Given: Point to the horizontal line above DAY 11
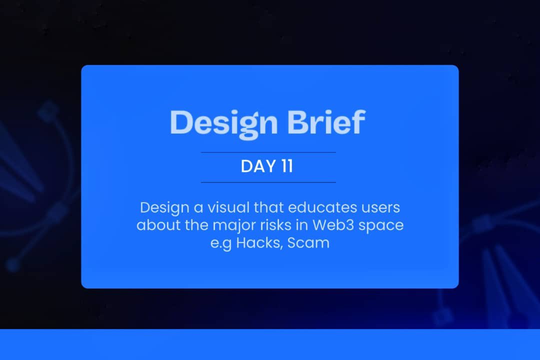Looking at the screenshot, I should click(268, 152).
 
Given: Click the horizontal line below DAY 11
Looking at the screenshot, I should click(268, 182).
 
